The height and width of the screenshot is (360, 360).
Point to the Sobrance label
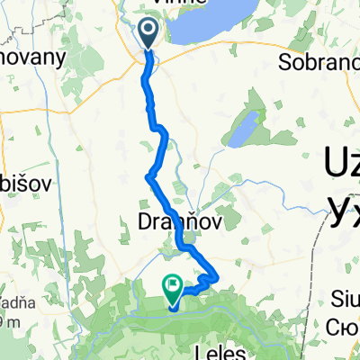319,64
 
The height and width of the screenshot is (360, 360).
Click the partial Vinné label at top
180,4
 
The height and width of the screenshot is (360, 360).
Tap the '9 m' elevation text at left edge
9,321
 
